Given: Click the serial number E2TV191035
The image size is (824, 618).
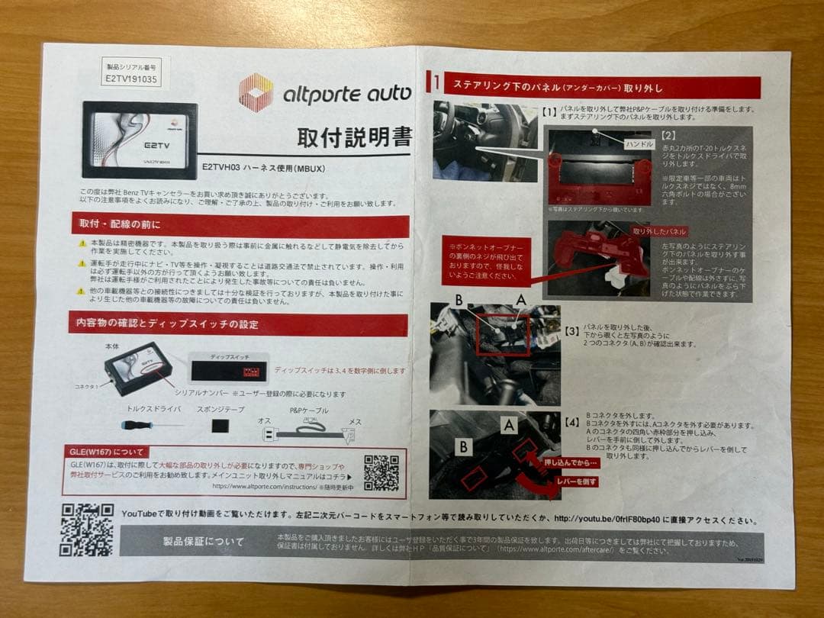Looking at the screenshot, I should (x=133, y=79).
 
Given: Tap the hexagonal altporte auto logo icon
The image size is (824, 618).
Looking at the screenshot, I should (x=256, y=93).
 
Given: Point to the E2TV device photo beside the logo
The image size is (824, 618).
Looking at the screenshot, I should (x=140, y=140).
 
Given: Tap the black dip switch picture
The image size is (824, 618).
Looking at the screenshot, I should (x=228, y=370).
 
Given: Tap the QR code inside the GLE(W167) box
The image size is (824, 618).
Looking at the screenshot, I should (x=381, y=473).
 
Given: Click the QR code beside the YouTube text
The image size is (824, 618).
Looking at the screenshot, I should (x=86, y=528).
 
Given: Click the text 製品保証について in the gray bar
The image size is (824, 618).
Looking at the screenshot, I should (x=204, y=542).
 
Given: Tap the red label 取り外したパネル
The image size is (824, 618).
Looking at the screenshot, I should (x=659, y=231).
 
